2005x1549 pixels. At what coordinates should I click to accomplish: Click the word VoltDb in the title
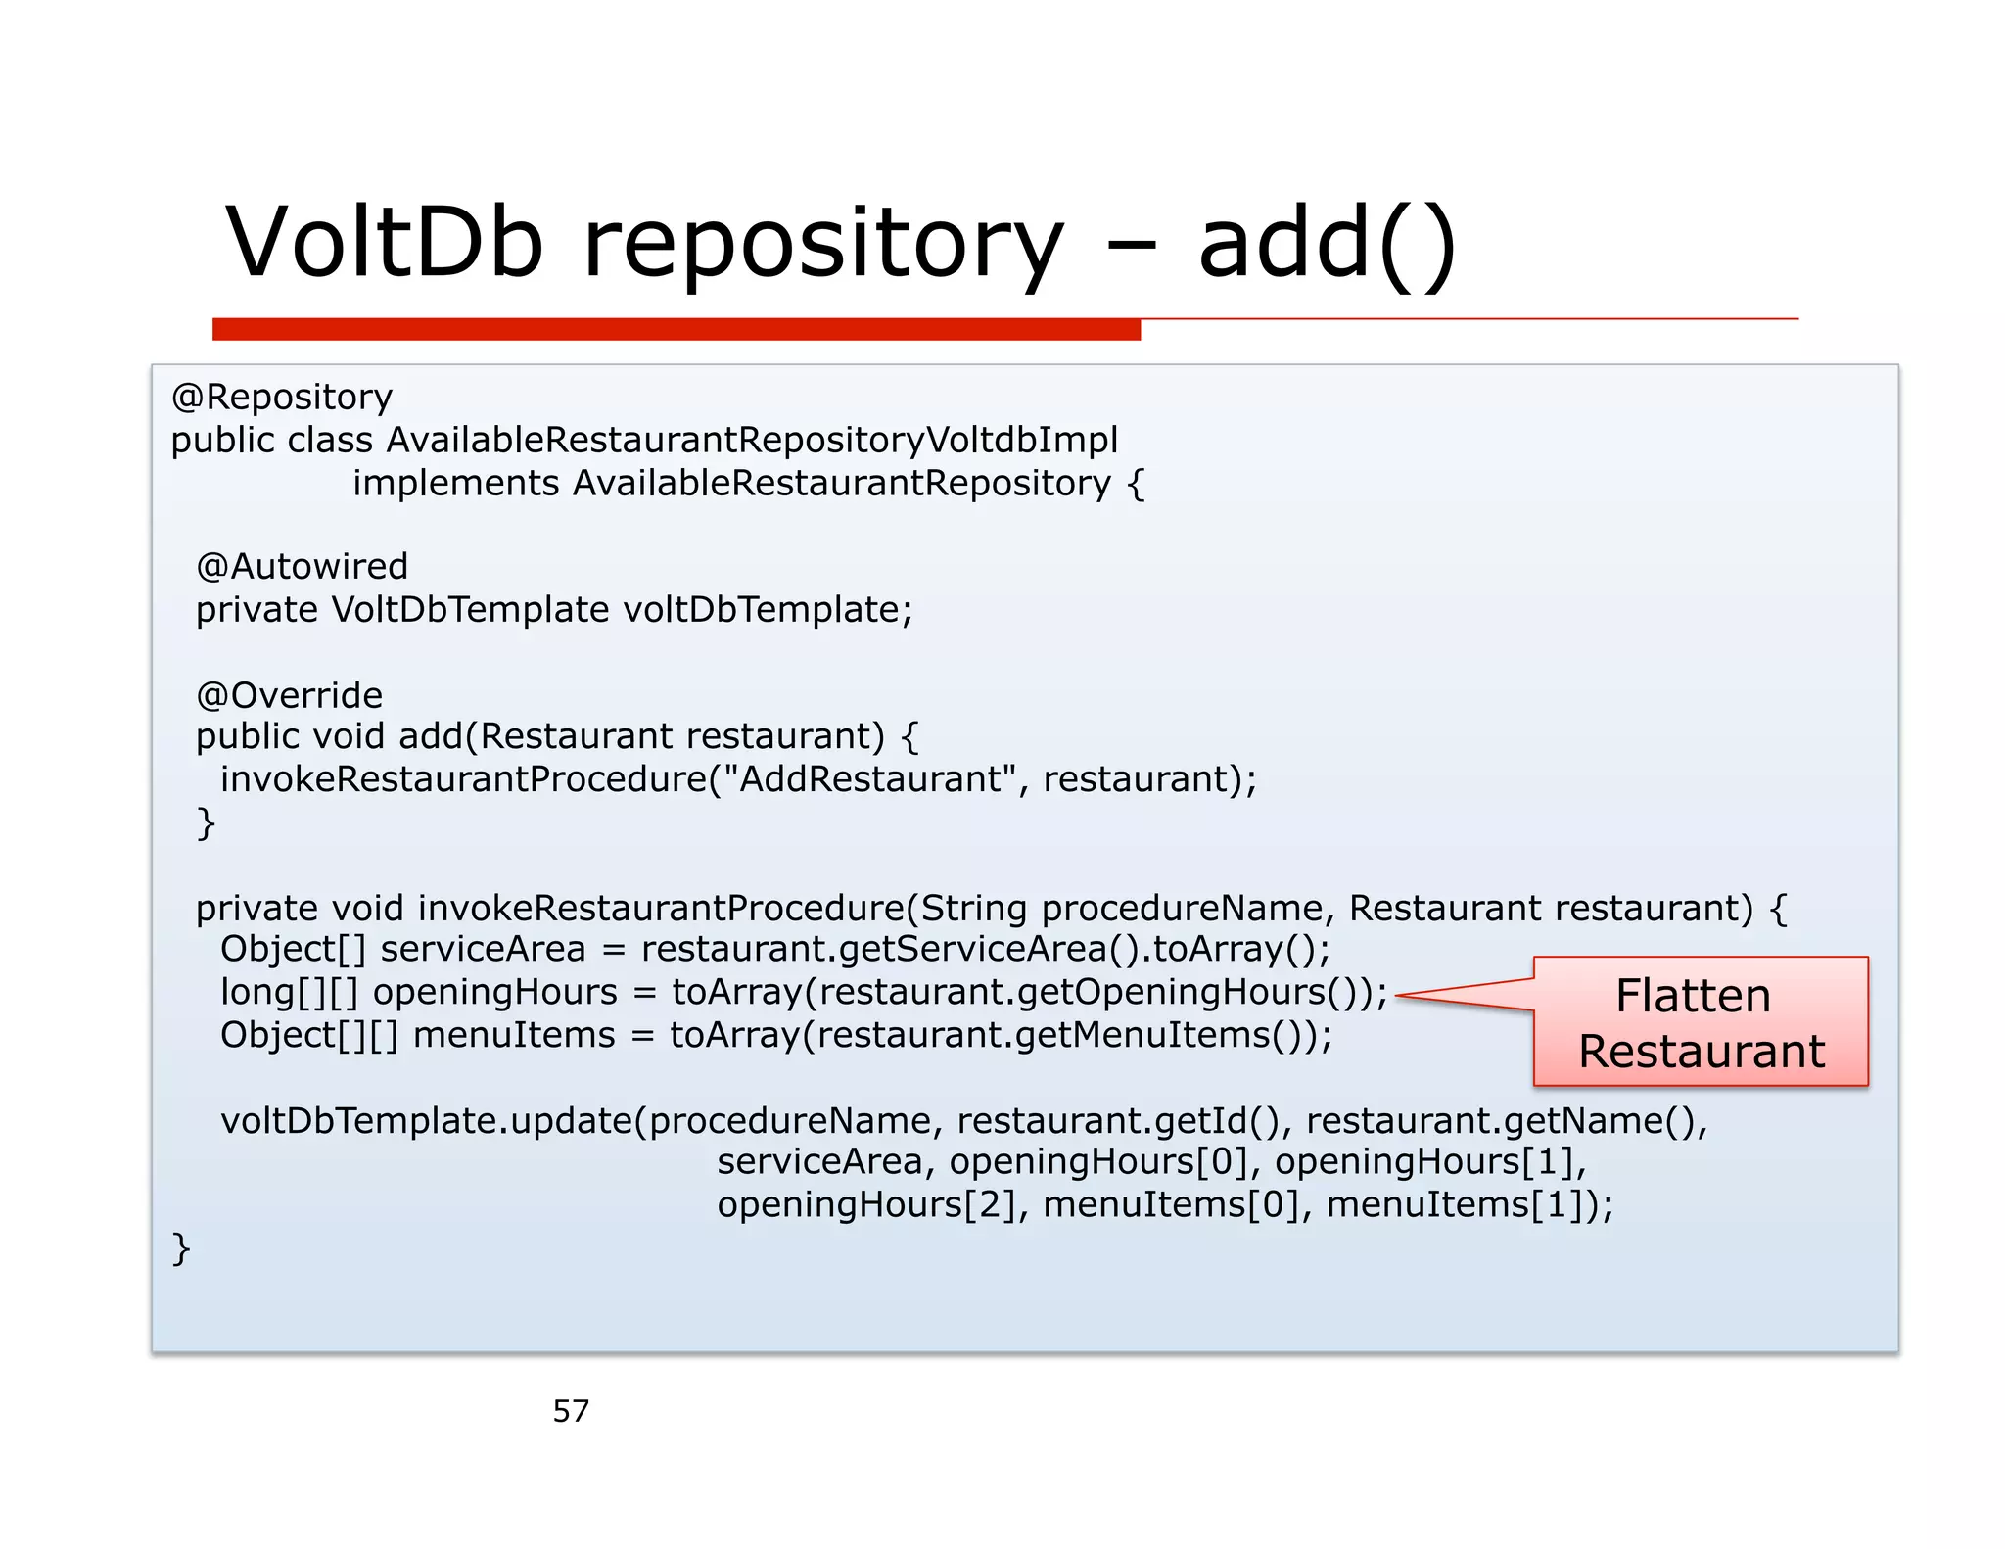tap(384, 242)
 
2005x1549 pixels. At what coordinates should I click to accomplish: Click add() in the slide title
tap(1327, 244)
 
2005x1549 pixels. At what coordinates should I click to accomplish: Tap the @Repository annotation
tap(282, 397)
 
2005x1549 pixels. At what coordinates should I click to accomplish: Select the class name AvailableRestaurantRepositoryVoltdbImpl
tap(752, 440)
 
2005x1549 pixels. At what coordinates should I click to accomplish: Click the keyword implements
tap(455, 483)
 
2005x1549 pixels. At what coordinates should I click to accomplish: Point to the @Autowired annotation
tap(302, 566)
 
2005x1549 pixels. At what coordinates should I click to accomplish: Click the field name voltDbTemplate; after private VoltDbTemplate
tap(768, 609)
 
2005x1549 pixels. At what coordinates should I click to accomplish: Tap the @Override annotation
tap(290, 694)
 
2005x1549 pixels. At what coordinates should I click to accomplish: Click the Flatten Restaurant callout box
tap(1700, 1021)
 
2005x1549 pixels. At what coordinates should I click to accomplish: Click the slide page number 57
tap(571, 1410)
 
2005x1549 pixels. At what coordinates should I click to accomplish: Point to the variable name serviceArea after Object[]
tap(483, 949)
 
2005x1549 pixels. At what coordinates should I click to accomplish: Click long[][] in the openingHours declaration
tap(290, 992)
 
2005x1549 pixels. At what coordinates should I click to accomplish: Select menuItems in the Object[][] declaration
tap(514, 1035)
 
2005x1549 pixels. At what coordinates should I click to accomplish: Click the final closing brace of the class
tap(180, 1249)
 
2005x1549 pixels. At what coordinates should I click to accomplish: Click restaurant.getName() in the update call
tap(1506, 1120)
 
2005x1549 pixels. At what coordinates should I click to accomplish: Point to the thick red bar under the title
tap(676, 329)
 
